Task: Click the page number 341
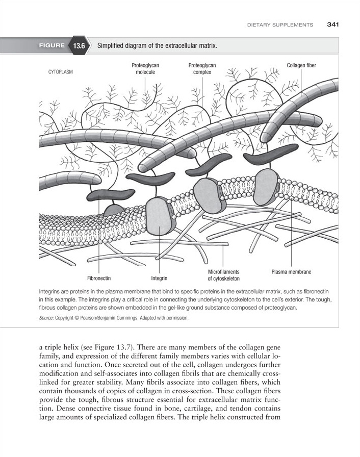click(x=333, y=24)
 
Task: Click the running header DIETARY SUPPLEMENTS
click(x=280, y=24)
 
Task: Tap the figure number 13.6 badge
click(x=79, y=46)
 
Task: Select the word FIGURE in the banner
click(x=52, y=46)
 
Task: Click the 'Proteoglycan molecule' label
click(x=145, y=69)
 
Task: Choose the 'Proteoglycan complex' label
click(x=202, y=69)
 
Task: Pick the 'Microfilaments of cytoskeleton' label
click(x=223, y=275)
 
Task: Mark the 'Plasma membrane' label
click(x=291, y=272)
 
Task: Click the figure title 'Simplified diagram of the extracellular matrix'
click(x=157, y=46)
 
